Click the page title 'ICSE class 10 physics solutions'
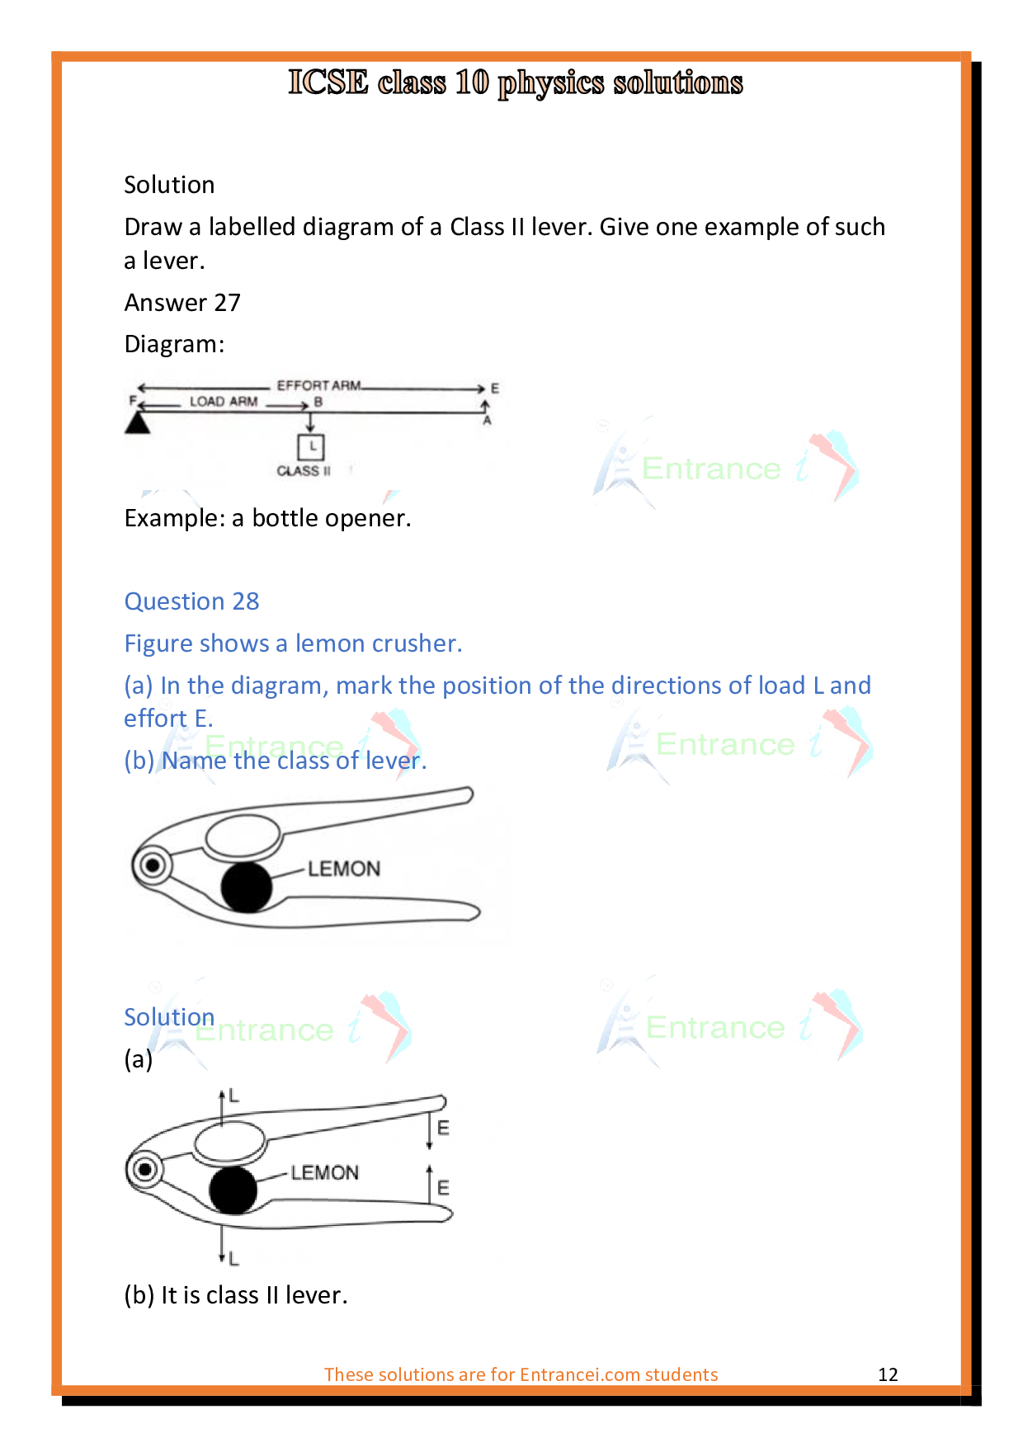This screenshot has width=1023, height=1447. [515, 82]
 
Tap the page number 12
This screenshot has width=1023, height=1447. [888, 1374]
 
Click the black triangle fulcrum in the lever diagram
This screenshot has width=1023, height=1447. [137, 423]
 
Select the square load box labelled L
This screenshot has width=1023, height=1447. [311, 447]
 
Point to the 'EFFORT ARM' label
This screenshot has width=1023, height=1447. [318, 385]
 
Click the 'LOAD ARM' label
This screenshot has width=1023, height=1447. [224, 402]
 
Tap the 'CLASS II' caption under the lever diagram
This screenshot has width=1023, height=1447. [304, 471]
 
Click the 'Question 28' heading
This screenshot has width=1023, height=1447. [191, 601]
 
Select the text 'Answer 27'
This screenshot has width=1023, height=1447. [182, 303]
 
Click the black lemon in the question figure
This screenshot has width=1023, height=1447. [247, 887]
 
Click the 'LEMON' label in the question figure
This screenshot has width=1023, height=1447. [344, 869]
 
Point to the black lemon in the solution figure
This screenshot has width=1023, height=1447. [233, 1190]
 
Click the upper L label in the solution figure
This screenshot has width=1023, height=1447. [234, 1096]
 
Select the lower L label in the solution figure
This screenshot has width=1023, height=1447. [234, 1259]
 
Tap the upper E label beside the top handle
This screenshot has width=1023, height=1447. [443, 1128]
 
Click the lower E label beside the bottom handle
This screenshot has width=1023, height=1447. [443, 1188]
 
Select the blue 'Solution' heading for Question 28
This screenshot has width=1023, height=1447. [169, 1017]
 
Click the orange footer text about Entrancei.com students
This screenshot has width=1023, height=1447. [521, 1374]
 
